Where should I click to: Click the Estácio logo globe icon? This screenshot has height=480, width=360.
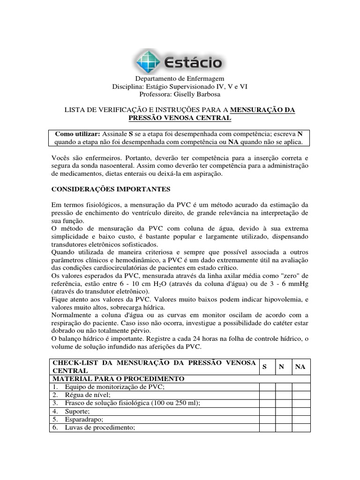click(148, 61)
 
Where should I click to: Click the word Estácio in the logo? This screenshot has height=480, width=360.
click(193, 62)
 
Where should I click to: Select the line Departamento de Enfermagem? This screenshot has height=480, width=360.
click(180, 79)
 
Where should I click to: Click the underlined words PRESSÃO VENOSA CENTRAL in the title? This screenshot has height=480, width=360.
click(180, 118)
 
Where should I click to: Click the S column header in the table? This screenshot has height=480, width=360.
click(264, 367)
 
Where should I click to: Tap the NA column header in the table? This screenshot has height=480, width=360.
click(300, 367)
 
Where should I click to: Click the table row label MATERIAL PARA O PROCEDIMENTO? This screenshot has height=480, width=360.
click(119, 378)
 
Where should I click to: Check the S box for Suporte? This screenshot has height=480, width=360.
click(267, 412)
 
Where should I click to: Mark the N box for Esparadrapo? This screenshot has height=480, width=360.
click(284, 420)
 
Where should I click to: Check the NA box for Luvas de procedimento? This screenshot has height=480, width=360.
click(300, 427)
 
